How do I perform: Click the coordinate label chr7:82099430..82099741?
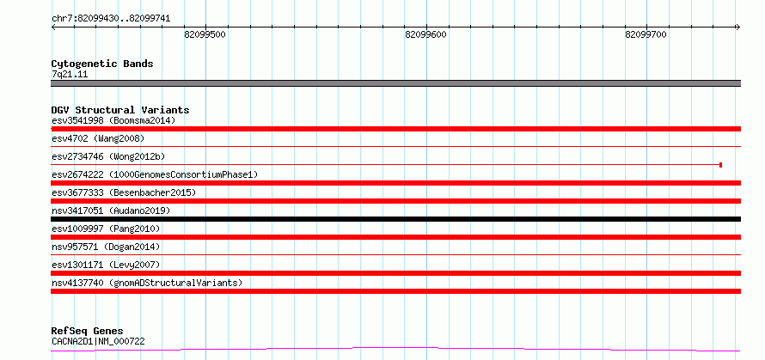pyautogui.click(x=111, y=19)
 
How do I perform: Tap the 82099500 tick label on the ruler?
pyautogui.click(x=205, y=34)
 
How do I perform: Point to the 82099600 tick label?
pyautogui.click(x=425, y=34)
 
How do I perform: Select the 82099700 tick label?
pyautogui.click(x=646, y=34)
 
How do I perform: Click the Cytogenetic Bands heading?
pyautogui.click(x=102, y=64)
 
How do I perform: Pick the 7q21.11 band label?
pyautogui.click(x=70, y=75)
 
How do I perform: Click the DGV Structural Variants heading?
pyautogui.click(x=120, y=110)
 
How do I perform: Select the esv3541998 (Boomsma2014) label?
pyautogui.click(x=113, y=120)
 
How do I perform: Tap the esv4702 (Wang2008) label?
pyautogui.click(x=98, y=138)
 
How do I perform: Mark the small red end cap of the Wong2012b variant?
pyautogui.click(x=720, y=165)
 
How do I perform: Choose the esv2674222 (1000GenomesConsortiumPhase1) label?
pyautogui.click(x=155, y=174)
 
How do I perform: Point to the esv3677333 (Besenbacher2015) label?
pyautogui.click(x=124, y=192)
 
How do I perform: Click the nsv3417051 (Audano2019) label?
pyautogui.click(x=111, y=211)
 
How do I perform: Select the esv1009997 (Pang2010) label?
pyautogui.click(x=106, y=229)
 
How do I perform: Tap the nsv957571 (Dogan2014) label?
pyautogui.click(x=106, y=247)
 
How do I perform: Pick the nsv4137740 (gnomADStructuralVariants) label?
pyautogui.click(x=147, y=283)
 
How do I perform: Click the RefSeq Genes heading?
pyautogui.click(x=88, y=332)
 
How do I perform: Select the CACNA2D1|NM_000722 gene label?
pyautogui.click(x=98, y=341)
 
